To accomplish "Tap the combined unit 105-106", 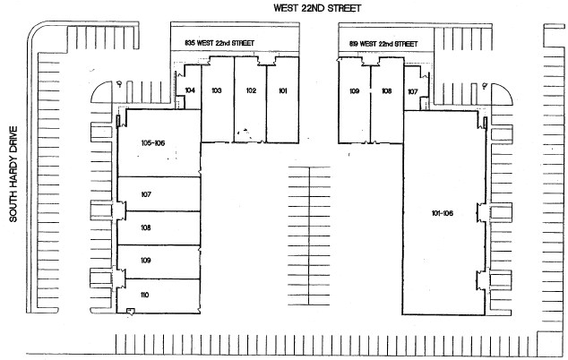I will (x=154, y=142).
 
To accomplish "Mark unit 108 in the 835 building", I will (x=146, y=227).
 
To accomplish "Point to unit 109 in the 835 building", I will (x=146, y=261).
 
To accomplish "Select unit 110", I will (x=145, y=294).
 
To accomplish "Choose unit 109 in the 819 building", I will (x=355, y=91).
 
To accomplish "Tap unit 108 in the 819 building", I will (x=387, y=91).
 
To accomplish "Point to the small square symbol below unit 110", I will (x=131, y=311).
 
